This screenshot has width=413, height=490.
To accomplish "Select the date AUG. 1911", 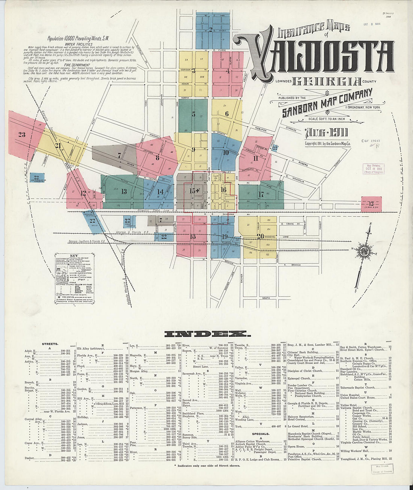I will tap(326, 133).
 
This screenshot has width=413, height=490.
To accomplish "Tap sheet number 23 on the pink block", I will tap(22, 134).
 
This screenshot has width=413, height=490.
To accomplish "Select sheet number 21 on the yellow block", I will tap(57, 146).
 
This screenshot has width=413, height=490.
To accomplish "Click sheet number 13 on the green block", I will tap(124, 191).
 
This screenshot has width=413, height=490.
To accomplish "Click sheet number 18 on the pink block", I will tap(193, 236).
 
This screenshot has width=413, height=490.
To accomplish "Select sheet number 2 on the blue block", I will tap(211, 30).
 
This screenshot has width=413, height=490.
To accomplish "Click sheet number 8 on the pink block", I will tap(157, 158).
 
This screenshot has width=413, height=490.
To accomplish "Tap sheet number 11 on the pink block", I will tap(256, 158).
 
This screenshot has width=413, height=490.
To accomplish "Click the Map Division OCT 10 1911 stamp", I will tap(373, 169).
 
